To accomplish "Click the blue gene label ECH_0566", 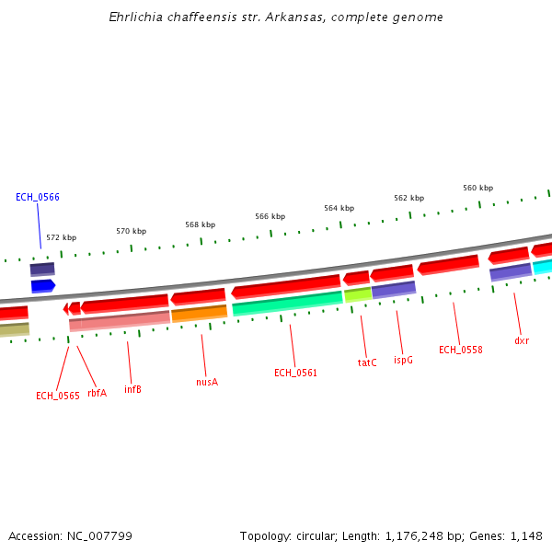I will pos(37,197).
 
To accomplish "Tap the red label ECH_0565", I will pos(57,396).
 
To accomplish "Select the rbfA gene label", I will pos(97,393).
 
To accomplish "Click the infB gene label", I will pos(132,389).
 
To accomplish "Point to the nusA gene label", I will pos(207,382).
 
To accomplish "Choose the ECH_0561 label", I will pos(295,373).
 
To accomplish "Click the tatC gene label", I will pos(367,362).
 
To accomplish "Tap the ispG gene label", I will pos(403,360).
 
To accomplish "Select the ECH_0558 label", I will pos(460,350).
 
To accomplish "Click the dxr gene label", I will pos(522,340).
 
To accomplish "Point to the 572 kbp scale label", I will pos(62,237).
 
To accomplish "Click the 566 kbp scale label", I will pos(270,216).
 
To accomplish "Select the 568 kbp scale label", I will pos(200,224).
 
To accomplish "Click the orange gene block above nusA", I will pos(199,314).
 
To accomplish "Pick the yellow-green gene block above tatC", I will pos(358,295).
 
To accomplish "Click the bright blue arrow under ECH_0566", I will pos(42,286).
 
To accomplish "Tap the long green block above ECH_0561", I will pos(287,304).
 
